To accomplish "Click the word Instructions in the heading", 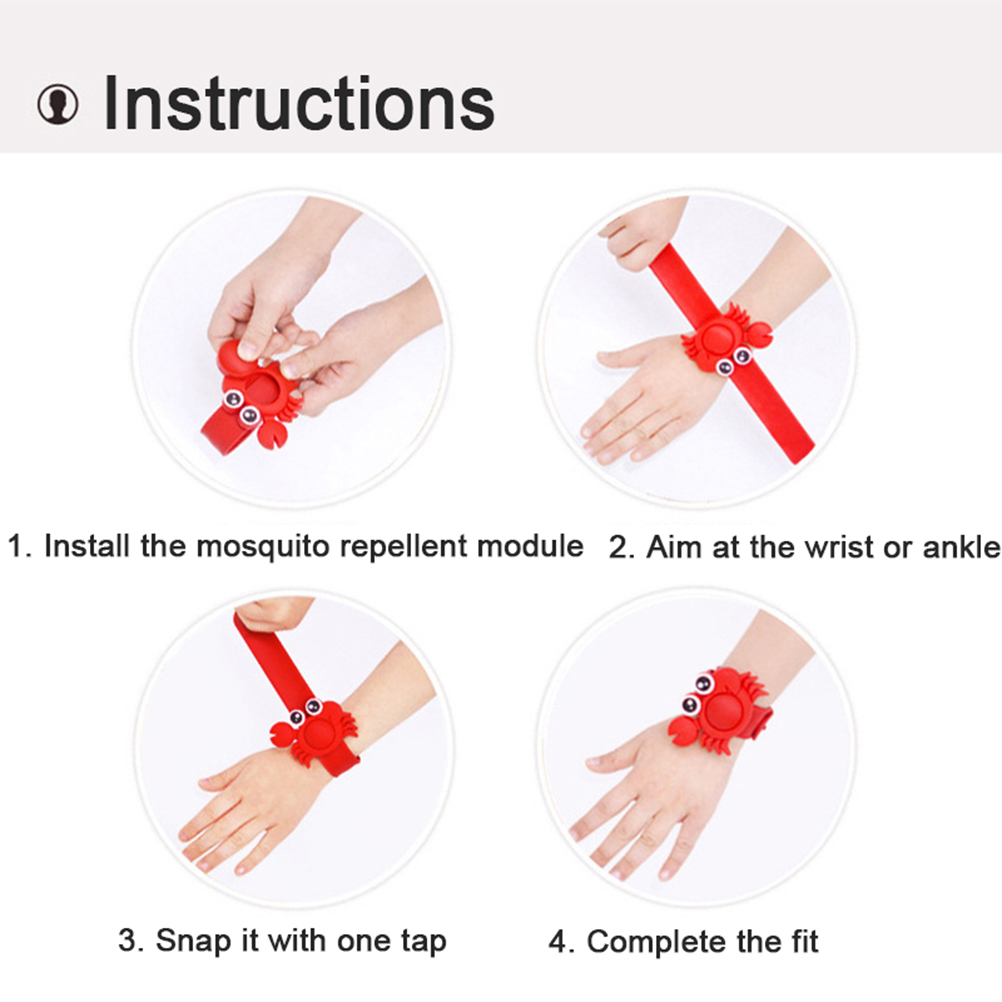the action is coord(298,104).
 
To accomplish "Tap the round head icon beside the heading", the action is coord(58,104).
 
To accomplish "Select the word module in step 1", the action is coord(530,547).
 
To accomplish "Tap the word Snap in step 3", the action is coord(193,941).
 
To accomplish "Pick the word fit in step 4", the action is coord(802,941).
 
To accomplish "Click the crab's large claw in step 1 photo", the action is coord(271,435).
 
